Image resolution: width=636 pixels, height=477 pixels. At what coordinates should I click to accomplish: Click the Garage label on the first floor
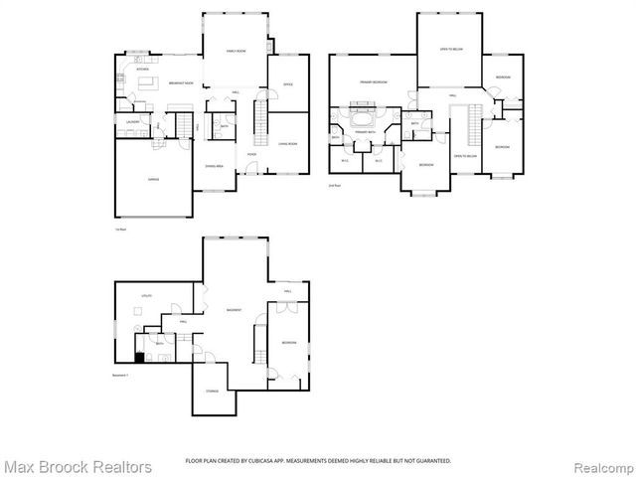[154, 179]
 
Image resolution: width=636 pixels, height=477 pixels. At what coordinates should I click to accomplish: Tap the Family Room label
[236, 51]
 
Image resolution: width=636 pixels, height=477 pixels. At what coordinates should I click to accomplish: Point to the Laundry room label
[131, 121]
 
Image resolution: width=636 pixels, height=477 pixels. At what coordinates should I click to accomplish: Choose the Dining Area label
[215, 165]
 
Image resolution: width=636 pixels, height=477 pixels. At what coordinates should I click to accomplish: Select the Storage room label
[213, 392]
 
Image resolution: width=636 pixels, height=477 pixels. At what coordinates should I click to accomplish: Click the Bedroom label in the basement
[288, 342]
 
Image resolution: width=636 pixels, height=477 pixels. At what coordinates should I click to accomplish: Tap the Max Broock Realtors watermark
[78, 465]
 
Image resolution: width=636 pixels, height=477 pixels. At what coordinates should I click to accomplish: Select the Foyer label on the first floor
[252, 155]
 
